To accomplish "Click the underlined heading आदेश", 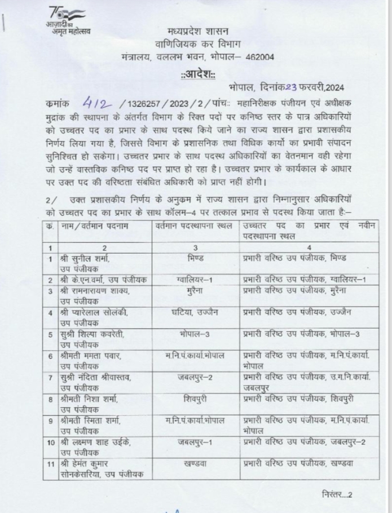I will [195, 74].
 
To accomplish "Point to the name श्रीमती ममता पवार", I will [89, 356].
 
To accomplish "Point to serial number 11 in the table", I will [50, 463].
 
